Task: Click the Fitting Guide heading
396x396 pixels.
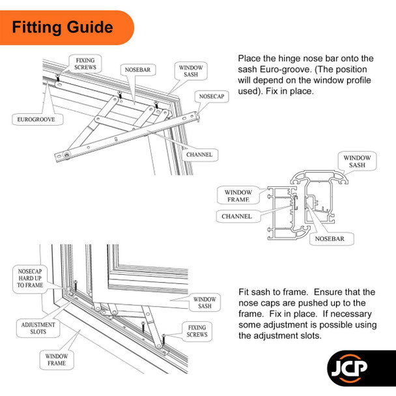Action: tap(63, 28)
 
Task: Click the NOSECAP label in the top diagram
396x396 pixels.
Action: tap(212, 96)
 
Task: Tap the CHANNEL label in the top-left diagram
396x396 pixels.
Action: tap(201, 154)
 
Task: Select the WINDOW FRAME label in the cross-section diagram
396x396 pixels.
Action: tap(238, 197)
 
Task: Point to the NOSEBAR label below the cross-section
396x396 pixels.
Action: tap(335, 239)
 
